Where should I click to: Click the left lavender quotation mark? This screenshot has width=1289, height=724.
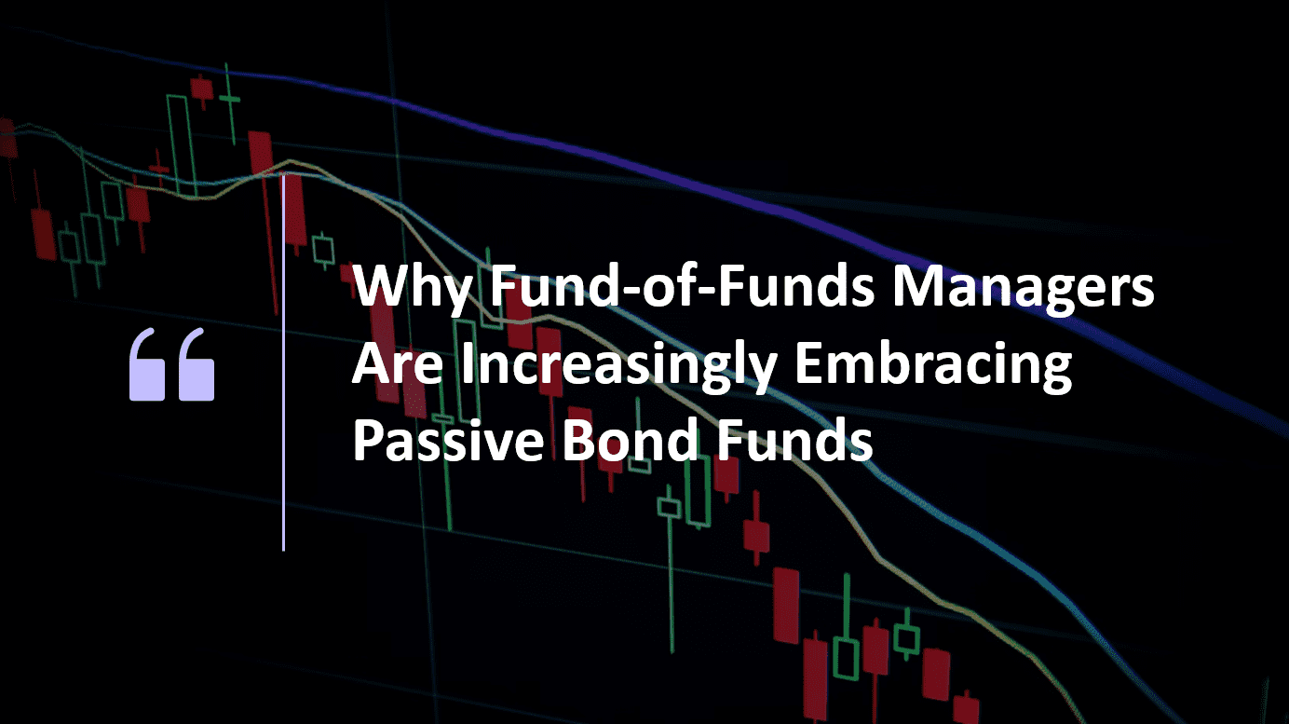149,364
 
